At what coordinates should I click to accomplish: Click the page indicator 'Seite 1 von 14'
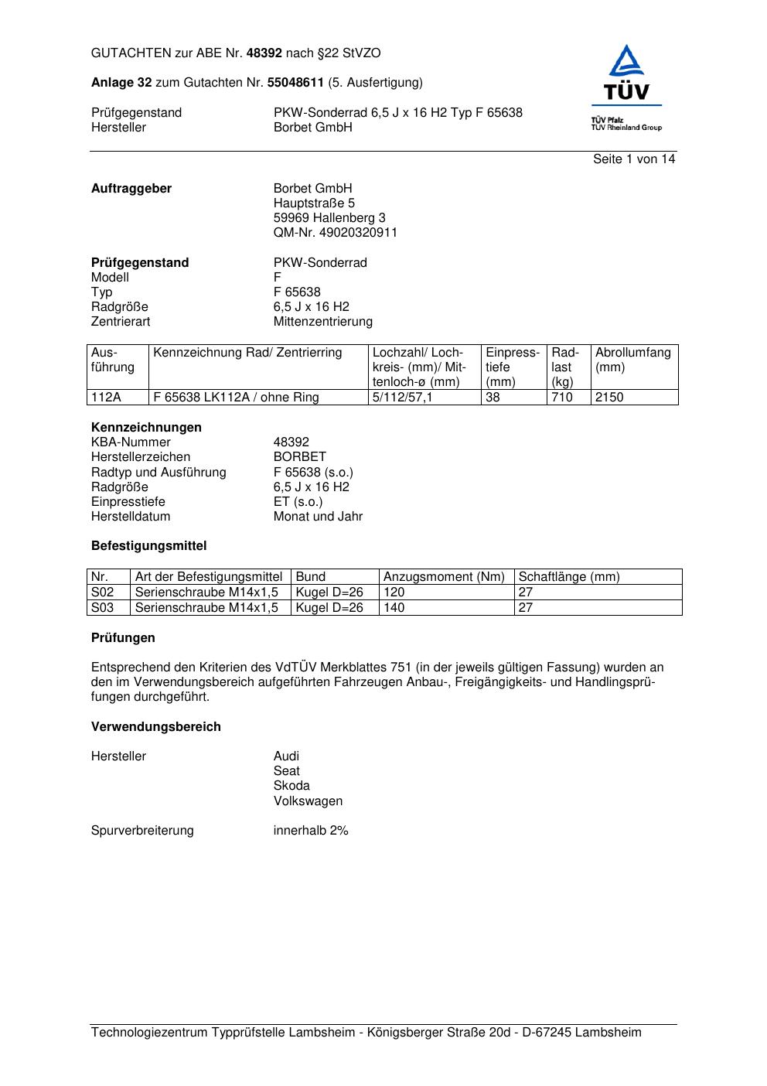point(634,159)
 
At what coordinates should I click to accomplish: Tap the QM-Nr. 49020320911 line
point(335,233)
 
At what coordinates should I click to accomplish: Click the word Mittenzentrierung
point(322,322)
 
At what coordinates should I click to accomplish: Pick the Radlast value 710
point(562,398)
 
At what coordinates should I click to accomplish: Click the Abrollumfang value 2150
point(609,398)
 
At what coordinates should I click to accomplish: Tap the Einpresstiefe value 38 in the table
point(493,398)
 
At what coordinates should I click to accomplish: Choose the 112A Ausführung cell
point(106,398)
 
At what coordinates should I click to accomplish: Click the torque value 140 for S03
point(394,608)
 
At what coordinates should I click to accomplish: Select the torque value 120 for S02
point(394,593)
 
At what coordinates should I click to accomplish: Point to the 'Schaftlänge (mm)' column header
point(569,577)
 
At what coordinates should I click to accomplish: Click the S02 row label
point(103,593)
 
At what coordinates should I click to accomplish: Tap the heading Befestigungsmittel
point(148,546)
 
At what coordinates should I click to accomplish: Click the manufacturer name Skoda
point(291,786)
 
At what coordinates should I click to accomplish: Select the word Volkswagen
point(308,801)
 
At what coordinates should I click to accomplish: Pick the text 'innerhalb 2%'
point(311,831)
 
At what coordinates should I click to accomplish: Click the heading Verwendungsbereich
point(156,727)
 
